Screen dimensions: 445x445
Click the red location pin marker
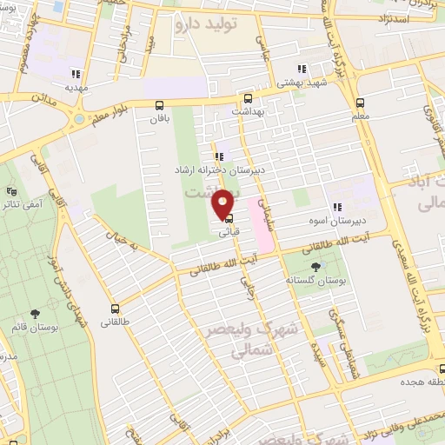coord(224,203)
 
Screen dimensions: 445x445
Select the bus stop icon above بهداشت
coord(249,98)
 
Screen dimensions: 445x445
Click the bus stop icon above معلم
coord(361,101)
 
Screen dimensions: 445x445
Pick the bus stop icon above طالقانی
coord(116,308)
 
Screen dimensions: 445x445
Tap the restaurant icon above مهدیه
coord(76,74)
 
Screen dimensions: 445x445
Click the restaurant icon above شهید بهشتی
coord(302,70)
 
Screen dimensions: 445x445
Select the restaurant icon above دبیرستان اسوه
coord(335,207)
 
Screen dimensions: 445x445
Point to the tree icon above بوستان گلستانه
coord(314,267)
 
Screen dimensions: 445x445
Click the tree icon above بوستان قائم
coord(36,314)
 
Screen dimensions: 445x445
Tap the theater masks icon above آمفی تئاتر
coord(11,191)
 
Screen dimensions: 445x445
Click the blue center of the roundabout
coord(78,117)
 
